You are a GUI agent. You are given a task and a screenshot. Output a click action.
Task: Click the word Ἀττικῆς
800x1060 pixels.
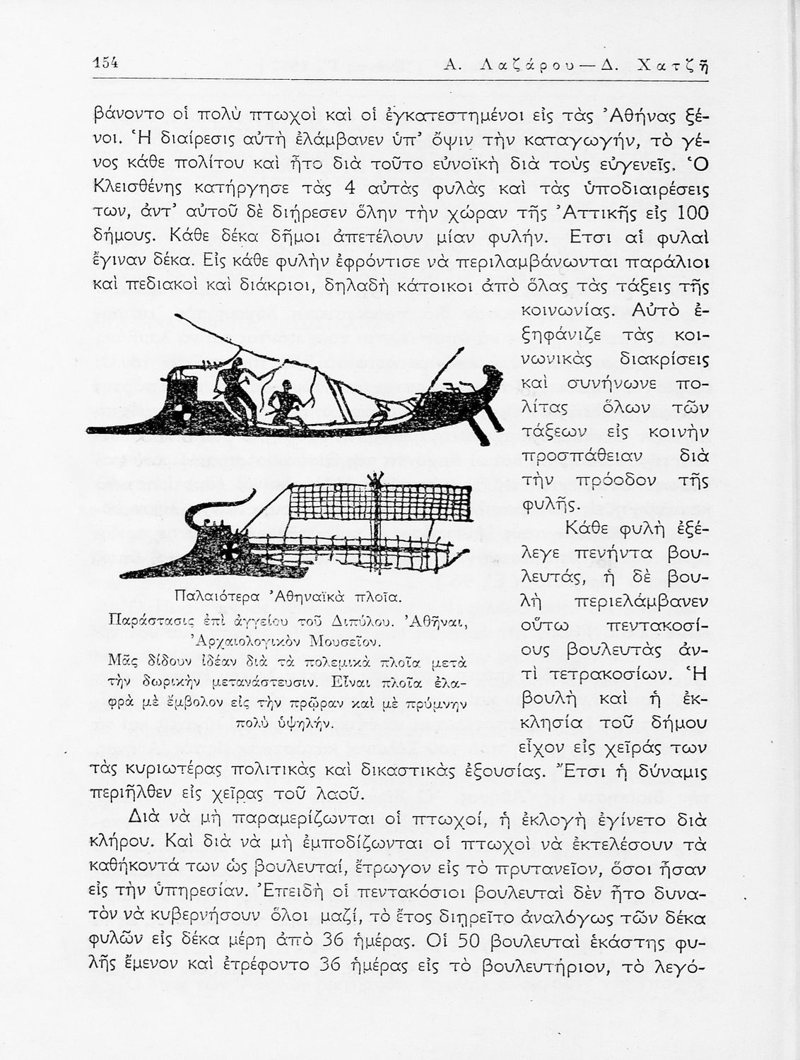[619, 213]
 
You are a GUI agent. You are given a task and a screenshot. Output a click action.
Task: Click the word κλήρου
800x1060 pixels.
[124, 844]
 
